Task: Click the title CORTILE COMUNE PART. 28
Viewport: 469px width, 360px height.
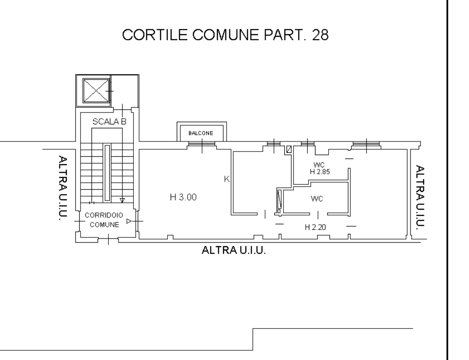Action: (225, 35)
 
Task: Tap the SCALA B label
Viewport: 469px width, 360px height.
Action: (109, 122)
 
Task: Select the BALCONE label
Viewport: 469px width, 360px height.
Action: (201, 133)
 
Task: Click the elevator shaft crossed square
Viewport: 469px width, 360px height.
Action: (96, 91)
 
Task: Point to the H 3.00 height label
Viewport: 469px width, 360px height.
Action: (183, 197)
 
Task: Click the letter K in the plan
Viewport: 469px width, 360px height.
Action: (227, 179)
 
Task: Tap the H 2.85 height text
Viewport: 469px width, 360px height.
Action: (320, 172)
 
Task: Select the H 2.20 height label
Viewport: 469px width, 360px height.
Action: (315, 227)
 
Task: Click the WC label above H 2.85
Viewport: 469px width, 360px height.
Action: (319, 165)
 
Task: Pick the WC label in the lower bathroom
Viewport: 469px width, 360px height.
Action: (317, 198)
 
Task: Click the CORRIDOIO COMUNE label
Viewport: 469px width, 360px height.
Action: (104, 220)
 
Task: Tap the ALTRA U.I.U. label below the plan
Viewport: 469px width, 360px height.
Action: (234, 250)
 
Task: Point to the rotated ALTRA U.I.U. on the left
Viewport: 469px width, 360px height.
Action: (63, 188)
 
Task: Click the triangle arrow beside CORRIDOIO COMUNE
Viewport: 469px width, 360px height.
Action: (129, 221)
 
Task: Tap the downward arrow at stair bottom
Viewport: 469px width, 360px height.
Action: (122, 200)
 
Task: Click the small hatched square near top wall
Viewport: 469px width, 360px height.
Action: (289, 149)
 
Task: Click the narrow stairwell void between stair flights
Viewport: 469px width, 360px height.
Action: (107, 173)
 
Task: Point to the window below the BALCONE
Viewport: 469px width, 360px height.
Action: (202, 144)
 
